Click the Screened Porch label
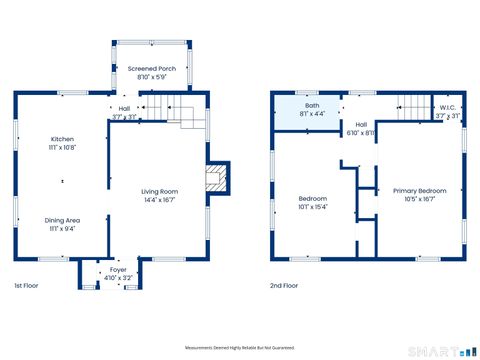tap(151, 69)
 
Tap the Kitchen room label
tap(63, 139)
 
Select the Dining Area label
tap(63, 220)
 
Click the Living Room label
tap(160, 191)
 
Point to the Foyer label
tap(118, 267)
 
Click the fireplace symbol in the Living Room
tap(215, 179)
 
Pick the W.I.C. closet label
tap(447, 107)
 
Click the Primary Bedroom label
tap(419, 191)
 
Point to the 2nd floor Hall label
tap(360, 125)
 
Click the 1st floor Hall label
tap(124, 108)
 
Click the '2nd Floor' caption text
tap(284, 285)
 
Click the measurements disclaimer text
tap(240, 347)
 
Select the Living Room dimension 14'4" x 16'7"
tap(160, 199)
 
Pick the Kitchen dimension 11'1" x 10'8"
tap(63, 147)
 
